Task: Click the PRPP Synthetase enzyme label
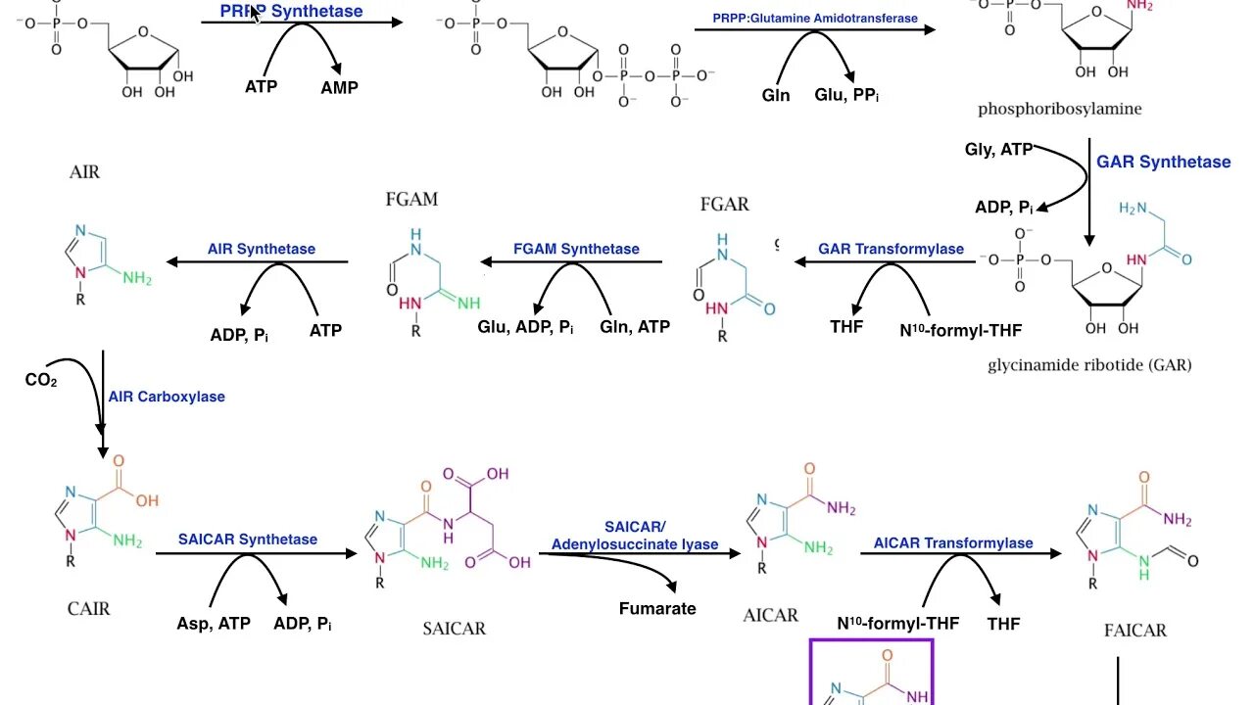coord(291,12)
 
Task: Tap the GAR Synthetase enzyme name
coord(1163,163)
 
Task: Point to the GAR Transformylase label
coord(891,249)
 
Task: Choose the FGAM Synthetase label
coord(576,249)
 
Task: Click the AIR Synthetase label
coord(262,249)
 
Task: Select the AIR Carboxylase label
coord(167,397)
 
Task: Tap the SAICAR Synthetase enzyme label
coord(248,540)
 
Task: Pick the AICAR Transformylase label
coord(953,542)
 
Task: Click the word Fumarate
coord(657,608)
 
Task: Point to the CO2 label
coord(41,380)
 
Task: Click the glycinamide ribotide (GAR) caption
coord(1090,365)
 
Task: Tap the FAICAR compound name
coord(1134,630)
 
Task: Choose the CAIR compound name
coord(89,608)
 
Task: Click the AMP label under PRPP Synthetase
coord(339,87)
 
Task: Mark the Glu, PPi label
coord(846,95)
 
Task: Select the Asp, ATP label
coord(214,624)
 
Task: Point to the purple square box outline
coord(871,641)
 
